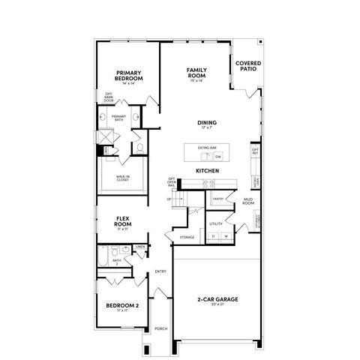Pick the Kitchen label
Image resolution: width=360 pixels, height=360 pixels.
coord(207,172)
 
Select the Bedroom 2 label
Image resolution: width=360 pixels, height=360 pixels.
coord(121,306)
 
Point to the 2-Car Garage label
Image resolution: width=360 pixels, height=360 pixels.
coord(217,299)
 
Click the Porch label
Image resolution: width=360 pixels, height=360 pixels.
coord(160,328)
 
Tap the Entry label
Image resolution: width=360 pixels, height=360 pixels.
coord(160,271)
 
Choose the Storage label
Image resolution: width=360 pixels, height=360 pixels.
coord(187,238)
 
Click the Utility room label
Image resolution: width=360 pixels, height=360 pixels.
coord(216,223)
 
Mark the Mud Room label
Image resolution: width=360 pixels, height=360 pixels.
coord(247,201)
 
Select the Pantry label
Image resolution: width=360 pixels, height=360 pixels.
coord(218,199)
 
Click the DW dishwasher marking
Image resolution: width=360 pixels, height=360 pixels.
coord(218,157)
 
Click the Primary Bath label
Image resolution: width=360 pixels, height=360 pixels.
coord(118,117)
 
